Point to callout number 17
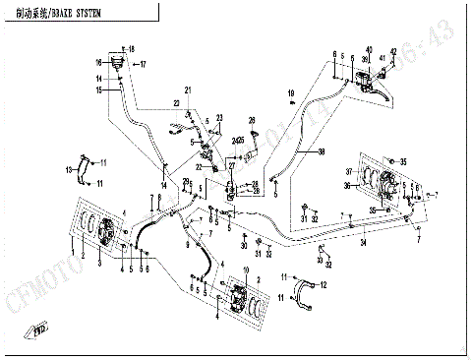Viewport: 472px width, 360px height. (x=143, y=65)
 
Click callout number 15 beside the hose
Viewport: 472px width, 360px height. (x=98, y=90)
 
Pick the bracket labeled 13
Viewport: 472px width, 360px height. (x=86, y=169)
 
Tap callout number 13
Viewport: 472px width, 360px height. (x=69, y=171)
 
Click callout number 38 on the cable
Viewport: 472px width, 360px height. (x=321, y=151)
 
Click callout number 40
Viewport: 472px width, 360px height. (x=369, y=50)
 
